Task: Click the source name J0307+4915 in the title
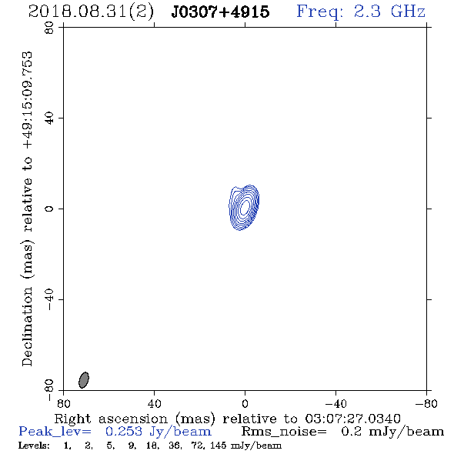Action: coord(220,12)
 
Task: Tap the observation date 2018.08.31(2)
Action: coord(91,12)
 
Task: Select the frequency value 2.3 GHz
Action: coord(389,12)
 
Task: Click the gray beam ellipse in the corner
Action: coord(84,380)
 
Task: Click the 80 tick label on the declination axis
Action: coord(49,28)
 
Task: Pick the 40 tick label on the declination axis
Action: coord(49,119)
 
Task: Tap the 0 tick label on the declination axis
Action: coord(49,209)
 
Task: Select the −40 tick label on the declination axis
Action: coord(49,299)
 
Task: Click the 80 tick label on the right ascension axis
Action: coord(63,404)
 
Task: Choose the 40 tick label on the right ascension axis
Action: coord(154,404)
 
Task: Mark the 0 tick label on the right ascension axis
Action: coord(245,404)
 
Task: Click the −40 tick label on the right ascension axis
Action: coord(335,404)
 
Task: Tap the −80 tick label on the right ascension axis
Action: coord(426,404)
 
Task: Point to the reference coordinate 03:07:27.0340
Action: coord(353,419)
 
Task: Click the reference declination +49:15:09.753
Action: coord(28,100)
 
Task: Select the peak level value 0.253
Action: coord(124,432)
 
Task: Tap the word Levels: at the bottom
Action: coord(34,445)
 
